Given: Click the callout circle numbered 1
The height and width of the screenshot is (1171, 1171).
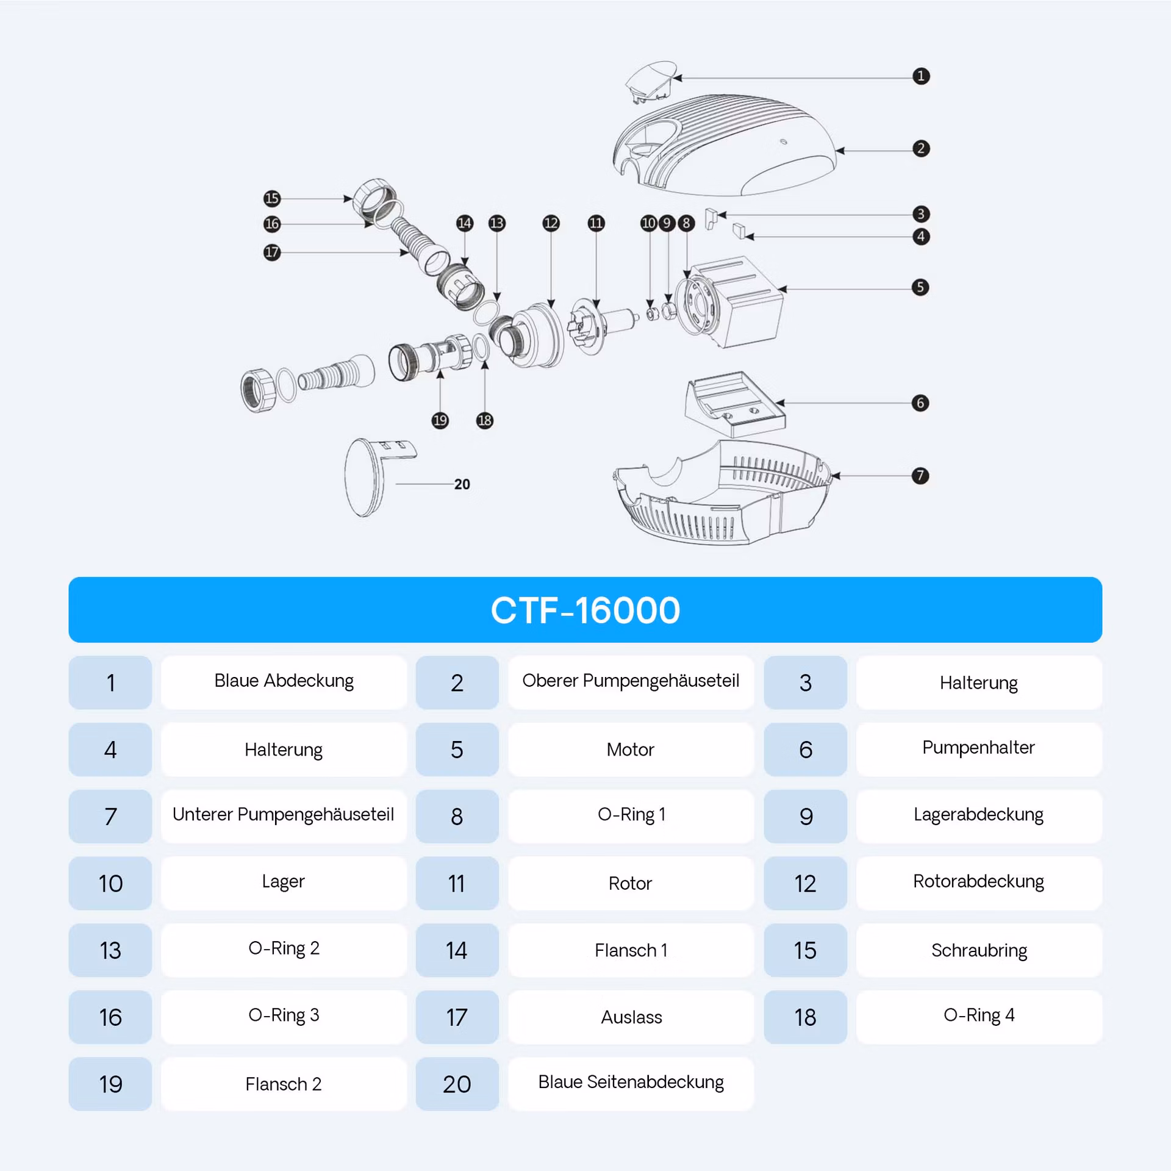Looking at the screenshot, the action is [921, 76].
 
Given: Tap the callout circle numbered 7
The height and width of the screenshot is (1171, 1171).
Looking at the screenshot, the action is [920, 476].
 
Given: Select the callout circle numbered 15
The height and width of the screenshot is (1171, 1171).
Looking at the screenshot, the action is [272, 198].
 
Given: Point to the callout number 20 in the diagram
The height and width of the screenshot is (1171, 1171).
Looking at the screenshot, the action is [462, 484].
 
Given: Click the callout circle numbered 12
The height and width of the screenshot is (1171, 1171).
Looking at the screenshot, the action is [551, 223].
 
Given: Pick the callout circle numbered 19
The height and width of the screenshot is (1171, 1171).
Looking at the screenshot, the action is [440, 420].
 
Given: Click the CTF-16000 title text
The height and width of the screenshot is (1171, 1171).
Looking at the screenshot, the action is [585, 610].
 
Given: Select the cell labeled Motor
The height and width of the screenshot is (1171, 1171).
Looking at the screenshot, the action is [631, 750].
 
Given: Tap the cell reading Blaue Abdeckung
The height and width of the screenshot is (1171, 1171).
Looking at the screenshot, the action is [284, 682].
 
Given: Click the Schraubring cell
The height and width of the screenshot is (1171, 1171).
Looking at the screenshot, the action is [979, 950].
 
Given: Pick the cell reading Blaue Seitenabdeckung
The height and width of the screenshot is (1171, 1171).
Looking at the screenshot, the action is [631, 1084].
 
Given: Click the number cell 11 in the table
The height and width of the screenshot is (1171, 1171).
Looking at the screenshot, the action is [457, 883].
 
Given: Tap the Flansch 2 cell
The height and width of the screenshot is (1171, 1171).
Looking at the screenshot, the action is [284, 1084].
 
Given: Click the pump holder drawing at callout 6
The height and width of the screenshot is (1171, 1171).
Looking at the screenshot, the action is [735, 404].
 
